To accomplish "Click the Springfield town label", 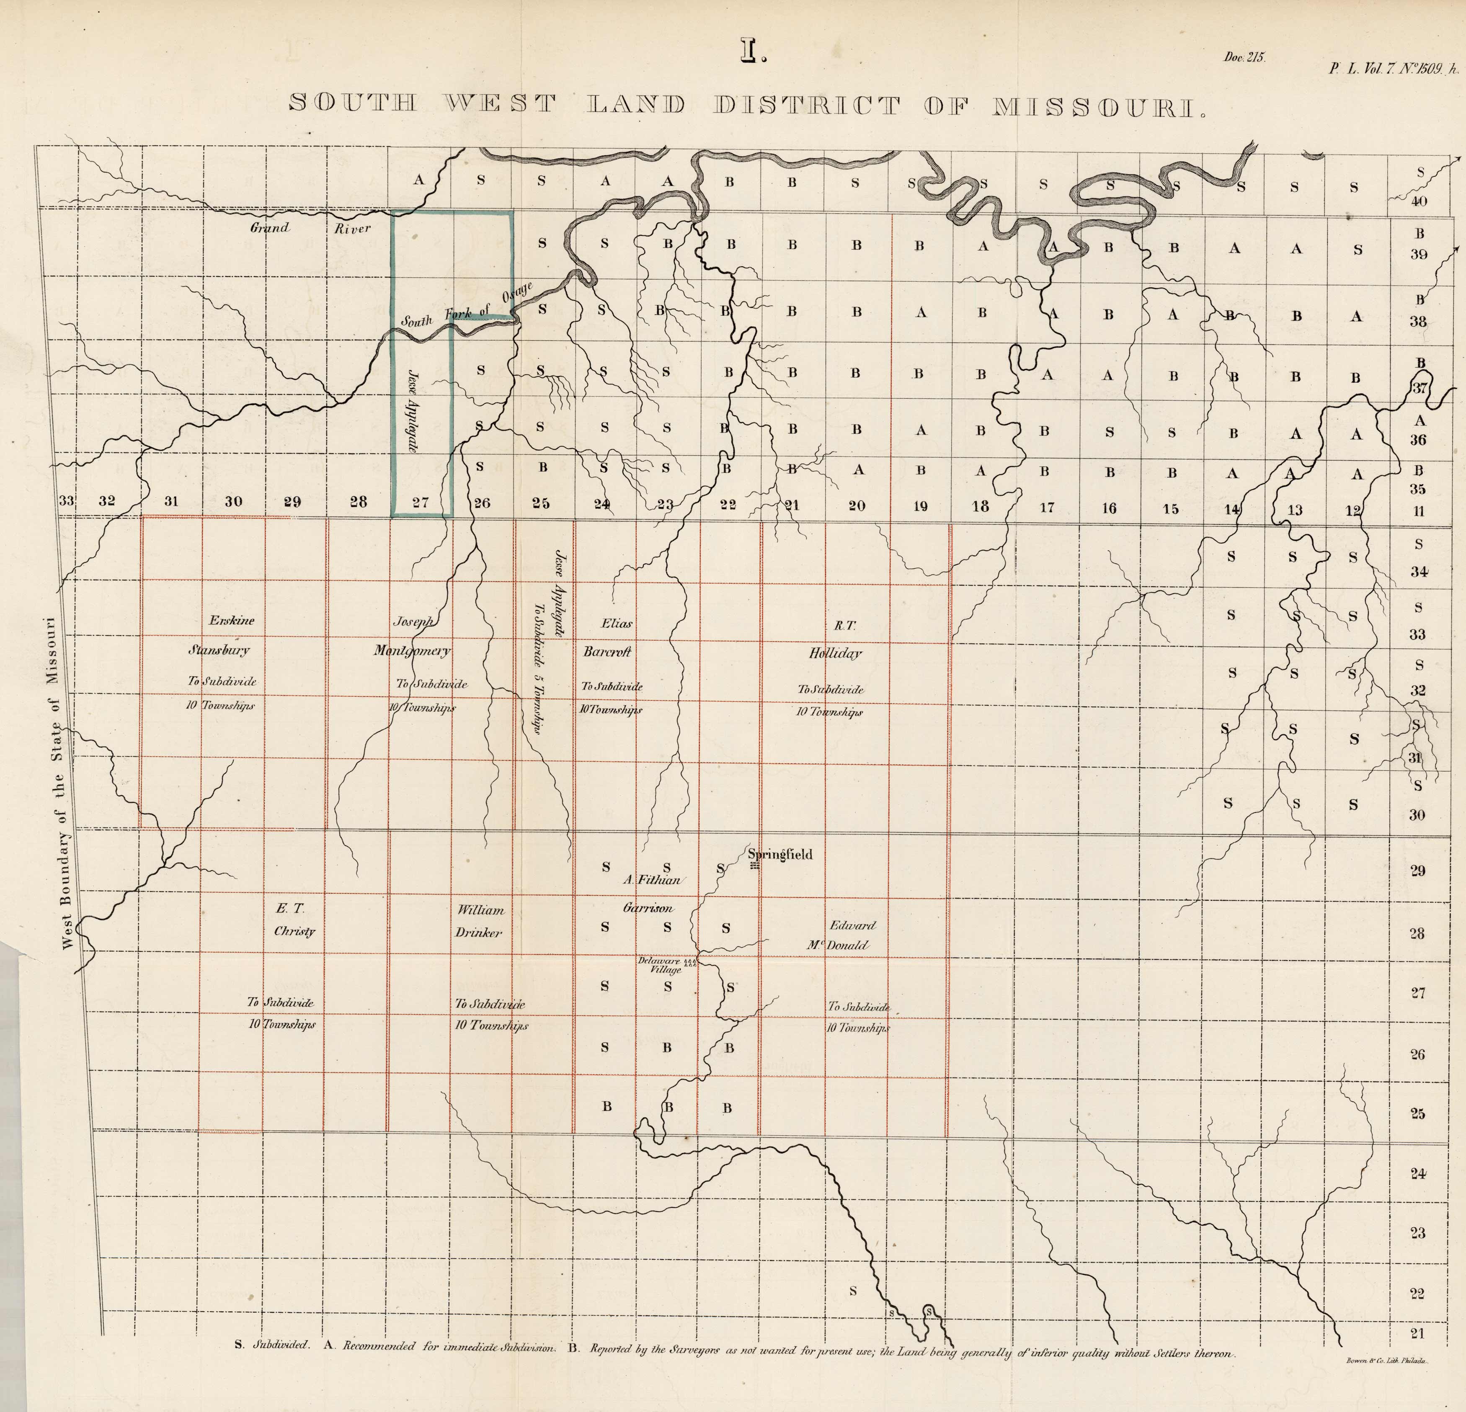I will tap(780, 854).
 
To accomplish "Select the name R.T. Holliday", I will tap(836, 639).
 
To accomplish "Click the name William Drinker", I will tap(480, 921).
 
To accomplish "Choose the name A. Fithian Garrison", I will tap(651, 894).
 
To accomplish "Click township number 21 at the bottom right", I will tap(1417, 1333).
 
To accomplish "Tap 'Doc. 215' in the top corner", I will tap(1244, 58).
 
